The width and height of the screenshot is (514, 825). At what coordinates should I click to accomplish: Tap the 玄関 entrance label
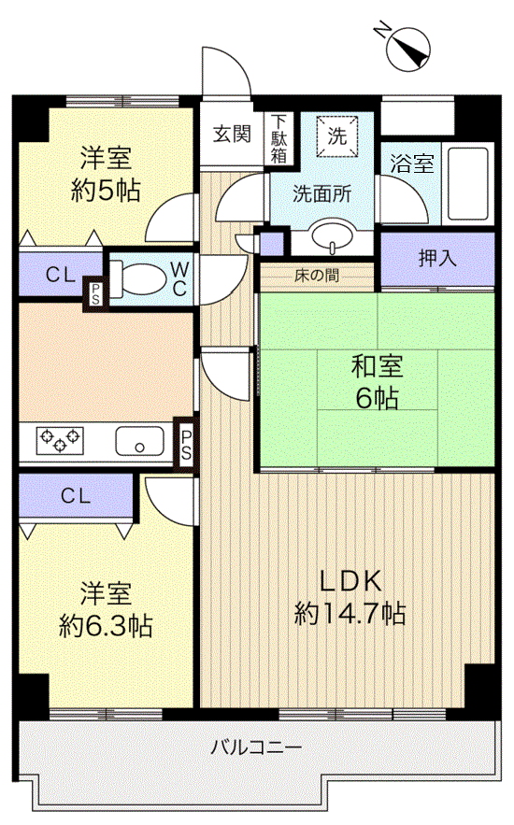[232, 134]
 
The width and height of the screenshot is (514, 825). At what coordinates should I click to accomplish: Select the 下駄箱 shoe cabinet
[279, 137]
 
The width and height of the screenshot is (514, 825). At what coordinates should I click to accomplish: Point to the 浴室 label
[410, 164]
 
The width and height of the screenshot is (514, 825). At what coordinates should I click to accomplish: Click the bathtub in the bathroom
[467, 183]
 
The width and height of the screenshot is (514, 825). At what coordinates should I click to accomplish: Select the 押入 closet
[436, 259]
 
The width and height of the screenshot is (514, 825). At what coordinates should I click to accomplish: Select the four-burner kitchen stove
[60, 440]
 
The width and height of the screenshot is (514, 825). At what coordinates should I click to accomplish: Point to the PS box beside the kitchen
[185, 445]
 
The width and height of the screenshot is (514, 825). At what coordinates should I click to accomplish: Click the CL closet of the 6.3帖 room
[77, 496]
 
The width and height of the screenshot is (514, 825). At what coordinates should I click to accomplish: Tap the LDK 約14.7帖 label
[350, 596]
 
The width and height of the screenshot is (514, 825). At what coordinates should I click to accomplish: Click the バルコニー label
[255, 747]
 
